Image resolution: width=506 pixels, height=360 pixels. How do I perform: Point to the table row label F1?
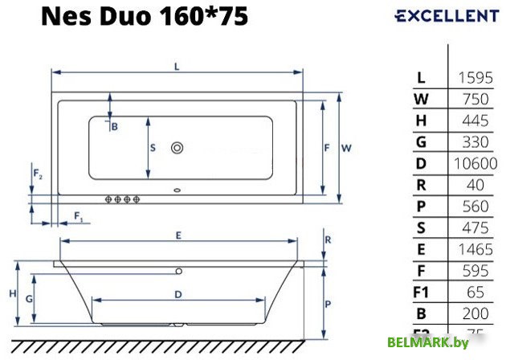[x=422, y=292]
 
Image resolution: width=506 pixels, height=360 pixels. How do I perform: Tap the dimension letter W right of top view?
[x=346, y=148]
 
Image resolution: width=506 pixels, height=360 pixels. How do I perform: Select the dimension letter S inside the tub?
[x=152, y=147]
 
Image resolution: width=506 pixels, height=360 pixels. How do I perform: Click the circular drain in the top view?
[x=178, y=148]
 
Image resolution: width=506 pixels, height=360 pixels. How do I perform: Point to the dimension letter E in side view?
[x=178, y=235]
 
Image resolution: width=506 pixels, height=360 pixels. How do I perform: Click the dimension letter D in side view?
[x=177, y=294]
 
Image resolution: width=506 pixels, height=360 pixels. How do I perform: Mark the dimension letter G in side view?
[x=29, y=298]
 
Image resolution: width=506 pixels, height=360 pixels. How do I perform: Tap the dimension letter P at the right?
[x=329, y=305]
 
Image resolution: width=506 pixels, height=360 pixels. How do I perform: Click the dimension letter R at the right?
[x=328, y=240]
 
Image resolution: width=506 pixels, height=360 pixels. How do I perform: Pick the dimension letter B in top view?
[x=114, y=126]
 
